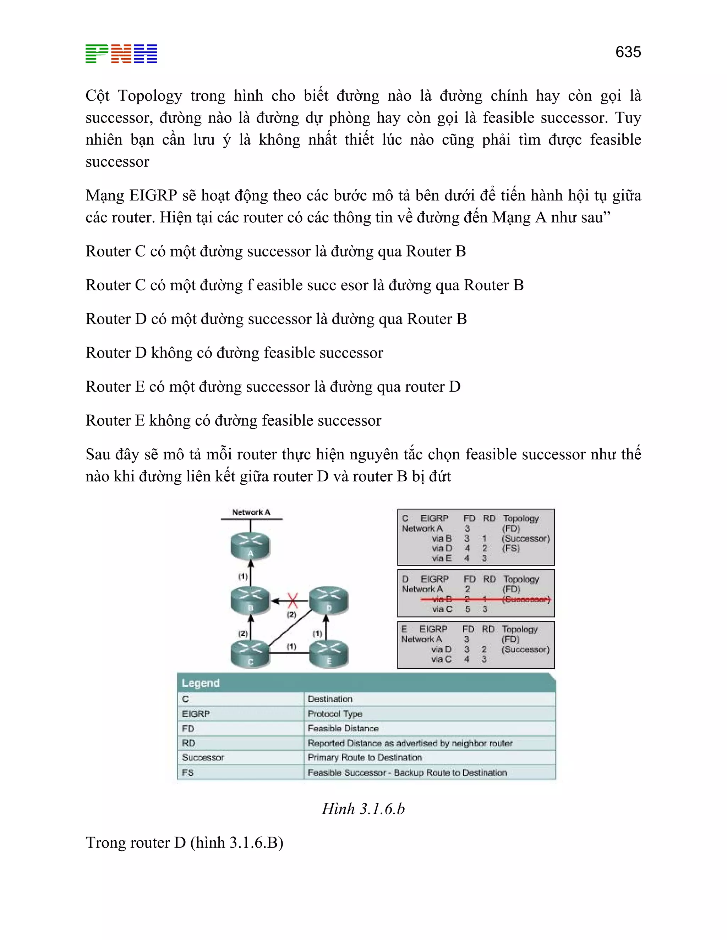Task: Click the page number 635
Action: click(x=628, y=52)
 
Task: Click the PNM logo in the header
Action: click(x=121, y=54)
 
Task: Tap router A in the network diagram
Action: click(x=250, y=546)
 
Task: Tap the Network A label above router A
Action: click(x=251, y=512)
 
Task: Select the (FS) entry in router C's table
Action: click(x=511, y=548)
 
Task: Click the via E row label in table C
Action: click(x=442, y=558)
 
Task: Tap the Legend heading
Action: click(x=201, y=683)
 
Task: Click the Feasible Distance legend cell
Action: click(x=343, y=728)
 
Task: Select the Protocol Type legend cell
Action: click(x=335, y=714)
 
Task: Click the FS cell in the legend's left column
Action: click(x=188, y=773)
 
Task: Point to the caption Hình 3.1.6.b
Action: click(x=363, y=809)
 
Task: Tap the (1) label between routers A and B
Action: click(x=243, y=576)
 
